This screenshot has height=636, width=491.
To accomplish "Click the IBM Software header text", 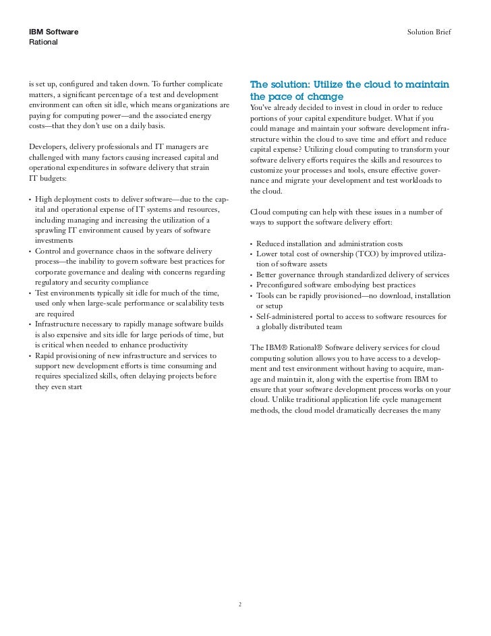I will click(53, 32).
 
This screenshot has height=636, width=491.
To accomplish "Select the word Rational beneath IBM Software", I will click(43, 42).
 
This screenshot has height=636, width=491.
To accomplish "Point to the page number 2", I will click(239, 604).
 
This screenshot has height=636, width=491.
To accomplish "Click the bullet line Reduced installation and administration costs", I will click(329, 243).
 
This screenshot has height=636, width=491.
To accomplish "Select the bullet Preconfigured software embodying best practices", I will click(337, 285).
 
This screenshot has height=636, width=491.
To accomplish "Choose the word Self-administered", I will click(283, 316).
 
